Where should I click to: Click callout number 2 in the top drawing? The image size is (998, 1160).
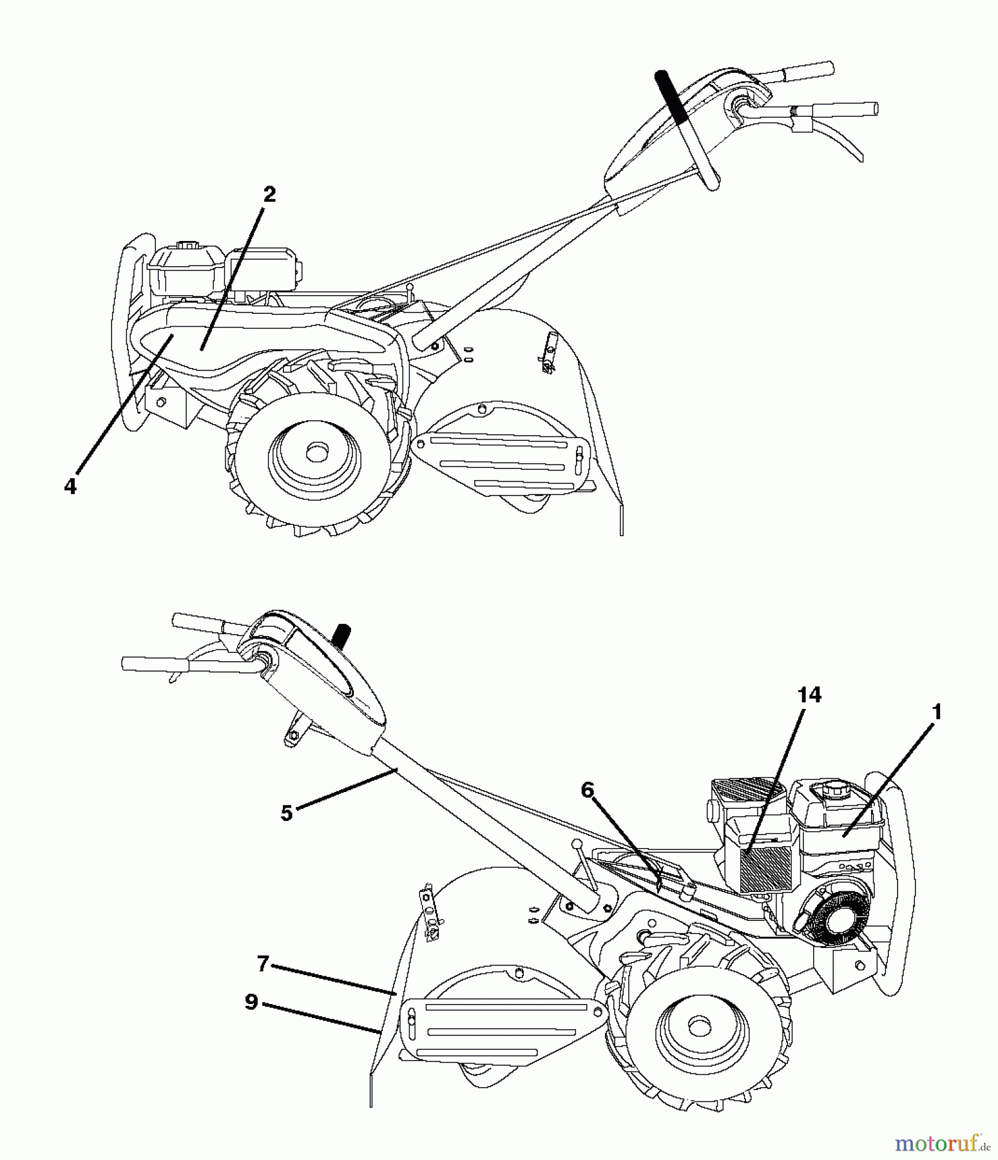pos(269,194)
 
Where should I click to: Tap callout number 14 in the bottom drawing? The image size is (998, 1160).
pos(809,695)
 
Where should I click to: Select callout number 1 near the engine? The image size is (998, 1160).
pos(937,712)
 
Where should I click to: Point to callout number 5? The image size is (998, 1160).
pos(287,813)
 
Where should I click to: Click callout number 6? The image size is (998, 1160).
pos(587,790)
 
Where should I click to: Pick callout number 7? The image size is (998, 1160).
pos(262,964)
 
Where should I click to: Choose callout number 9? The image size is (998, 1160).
pos(251,1002)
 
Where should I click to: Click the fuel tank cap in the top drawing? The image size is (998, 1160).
pos(187,246)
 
